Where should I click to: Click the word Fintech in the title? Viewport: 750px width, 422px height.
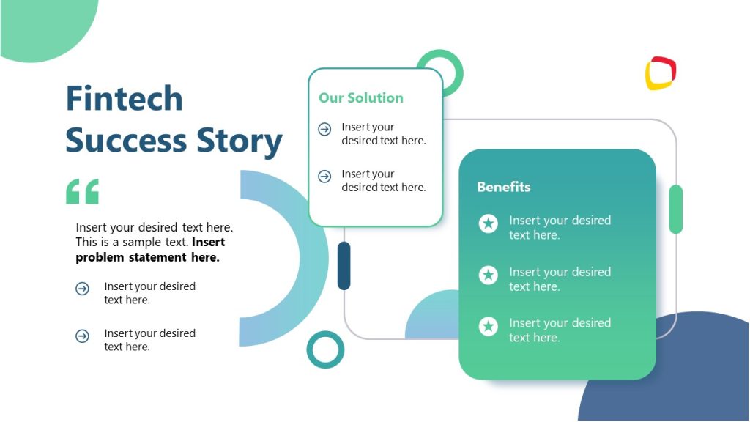[124, 98]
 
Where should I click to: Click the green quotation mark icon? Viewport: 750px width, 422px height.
[82, 191]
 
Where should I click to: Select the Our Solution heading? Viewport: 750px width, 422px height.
[360, 97]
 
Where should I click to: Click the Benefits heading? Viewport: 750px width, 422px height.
[503, 187]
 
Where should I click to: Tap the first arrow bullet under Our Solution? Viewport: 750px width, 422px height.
[324, 130]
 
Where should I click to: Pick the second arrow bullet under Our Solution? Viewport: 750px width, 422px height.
[324, 177]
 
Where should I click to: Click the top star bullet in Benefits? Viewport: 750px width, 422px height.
[488, 223]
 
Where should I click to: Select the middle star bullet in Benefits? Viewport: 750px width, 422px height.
[488, 275]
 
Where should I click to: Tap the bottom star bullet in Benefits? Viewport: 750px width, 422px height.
[488, 326]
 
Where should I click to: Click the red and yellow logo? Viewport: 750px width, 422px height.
[660, 73]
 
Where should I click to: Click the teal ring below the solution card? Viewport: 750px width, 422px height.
[325, 349]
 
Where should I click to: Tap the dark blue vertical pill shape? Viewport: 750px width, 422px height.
[344, 265]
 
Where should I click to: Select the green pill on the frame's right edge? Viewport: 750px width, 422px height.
[675, 209]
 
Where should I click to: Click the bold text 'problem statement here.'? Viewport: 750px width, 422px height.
[147, 257]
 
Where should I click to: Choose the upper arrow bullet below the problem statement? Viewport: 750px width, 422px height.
[82, 289]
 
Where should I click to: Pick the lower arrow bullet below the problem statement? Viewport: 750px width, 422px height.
[82, 336]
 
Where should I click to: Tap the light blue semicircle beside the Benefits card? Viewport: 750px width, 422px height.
[432, 319]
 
